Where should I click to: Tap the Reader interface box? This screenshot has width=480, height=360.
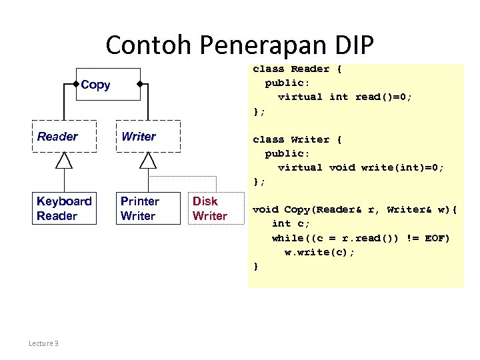click(x=64, y=137)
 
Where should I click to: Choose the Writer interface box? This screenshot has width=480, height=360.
click(x=147, y=137)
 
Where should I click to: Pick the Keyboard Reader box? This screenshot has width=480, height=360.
click(x=64, y=208)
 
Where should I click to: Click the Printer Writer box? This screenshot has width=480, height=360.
click(x=147, y=208)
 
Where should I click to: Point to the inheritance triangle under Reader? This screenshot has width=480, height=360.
click(x=64, y=160)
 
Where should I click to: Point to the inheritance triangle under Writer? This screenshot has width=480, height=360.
click(x=147, y=160)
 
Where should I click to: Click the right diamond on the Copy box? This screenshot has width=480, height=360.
click(x=140, y=85)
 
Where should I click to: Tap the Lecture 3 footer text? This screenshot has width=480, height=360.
click(x=43, y=343)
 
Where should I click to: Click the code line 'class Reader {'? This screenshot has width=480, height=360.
click(x=297, y=69)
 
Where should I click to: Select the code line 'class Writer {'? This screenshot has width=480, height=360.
click(x=297, y=139)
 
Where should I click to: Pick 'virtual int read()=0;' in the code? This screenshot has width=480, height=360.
click(x=345, y=97)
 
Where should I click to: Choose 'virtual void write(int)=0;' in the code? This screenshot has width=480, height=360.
click(x=361, y=167)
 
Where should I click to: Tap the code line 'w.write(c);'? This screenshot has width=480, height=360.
click(x=320, y=252)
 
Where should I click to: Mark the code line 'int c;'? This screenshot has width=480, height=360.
click(x=291, y=224)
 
